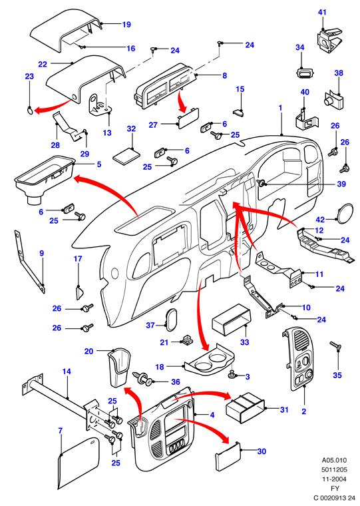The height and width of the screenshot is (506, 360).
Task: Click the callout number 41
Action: point(322,12)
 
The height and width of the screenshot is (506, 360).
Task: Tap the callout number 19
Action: point(126,24)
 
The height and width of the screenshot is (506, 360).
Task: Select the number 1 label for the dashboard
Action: point(280,107)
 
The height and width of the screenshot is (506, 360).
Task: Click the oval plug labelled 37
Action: point(171,320)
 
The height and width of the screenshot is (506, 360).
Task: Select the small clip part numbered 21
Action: point(186,340)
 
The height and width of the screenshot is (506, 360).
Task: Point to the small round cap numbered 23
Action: point(29,111)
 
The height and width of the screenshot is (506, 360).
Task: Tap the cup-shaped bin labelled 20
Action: point(118,368)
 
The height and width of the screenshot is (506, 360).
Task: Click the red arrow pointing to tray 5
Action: point(115,190)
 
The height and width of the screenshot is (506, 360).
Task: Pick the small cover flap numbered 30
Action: point(228,453)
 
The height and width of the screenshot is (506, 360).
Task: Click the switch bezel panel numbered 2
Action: point(298,358)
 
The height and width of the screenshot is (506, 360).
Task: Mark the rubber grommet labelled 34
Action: point(304,73)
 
